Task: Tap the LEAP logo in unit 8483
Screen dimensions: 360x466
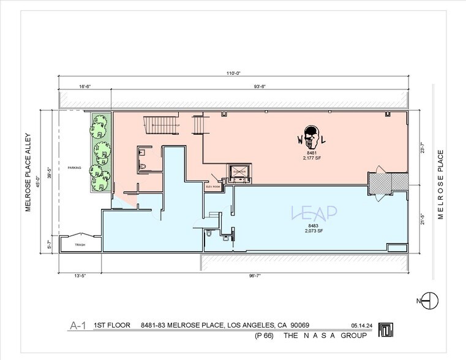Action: coord(314,212)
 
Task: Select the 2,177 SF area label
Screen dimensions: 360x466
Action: coord(312,157)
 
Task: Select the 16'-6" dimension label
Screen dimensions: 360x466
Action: coord(85,86)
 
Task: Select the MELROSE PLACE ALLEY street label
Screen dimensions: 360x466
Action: coord(28,173)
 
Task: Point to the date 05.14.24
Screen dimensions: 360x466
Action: coord(362,326)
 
